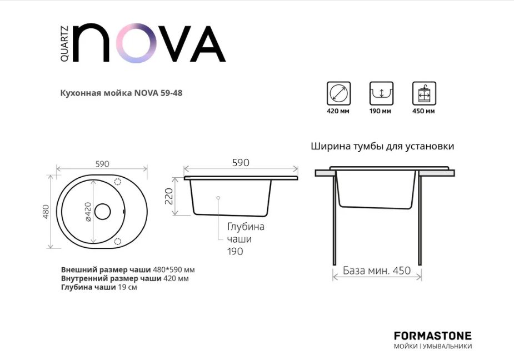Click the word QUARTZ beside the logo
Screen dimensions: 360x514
pos(64,43)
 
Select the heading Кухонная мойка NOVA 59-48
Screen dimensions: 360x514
pos(121,93)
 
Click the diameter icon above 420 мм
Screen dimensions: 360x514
pos(338,93)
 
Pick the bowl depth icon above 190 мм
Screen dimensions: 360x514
pos(381,93)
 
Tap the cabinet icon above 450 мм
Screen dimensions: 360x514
pos(423,93)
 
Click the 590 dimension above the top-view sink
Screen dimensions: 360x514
pos(102,164)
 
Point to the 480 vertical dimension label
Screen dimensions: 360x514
pos(47,211)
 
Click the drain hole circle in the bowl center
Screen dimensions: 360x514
pos(102,211)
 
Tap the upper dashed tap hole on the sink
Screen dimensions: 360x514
pos(117,182)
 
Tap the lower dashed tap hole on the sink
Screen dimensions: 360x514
pos(117,241)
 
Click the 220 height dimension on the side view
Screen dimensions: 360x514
pos(169,197)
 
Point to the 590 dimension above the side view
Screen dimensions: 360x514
pos(240,163)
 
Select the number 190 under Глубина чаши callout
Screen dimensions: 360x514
pos(235,251)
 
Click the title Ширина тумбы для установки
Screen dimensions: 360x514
pos(382,147)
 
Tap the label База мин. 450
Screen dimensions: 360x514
pos(376,271)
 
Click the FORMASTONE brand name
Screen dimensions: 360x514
pos(432,336)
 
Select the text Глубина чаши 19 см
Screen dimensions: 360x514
pos(98,287)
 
